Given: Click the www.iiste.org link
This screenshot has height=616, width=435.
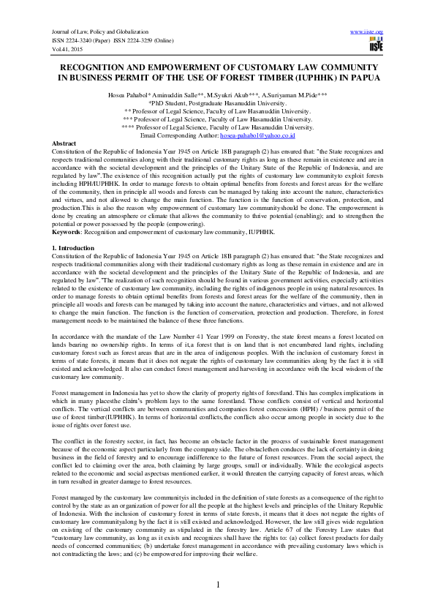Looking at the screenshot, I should [367, 32].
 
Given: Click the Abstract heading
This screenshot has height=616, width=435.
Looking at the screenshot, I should [64, 143].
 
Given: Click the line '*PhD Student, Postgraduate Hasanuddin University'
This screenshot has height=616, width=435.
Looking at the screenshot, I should [217, 104].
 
